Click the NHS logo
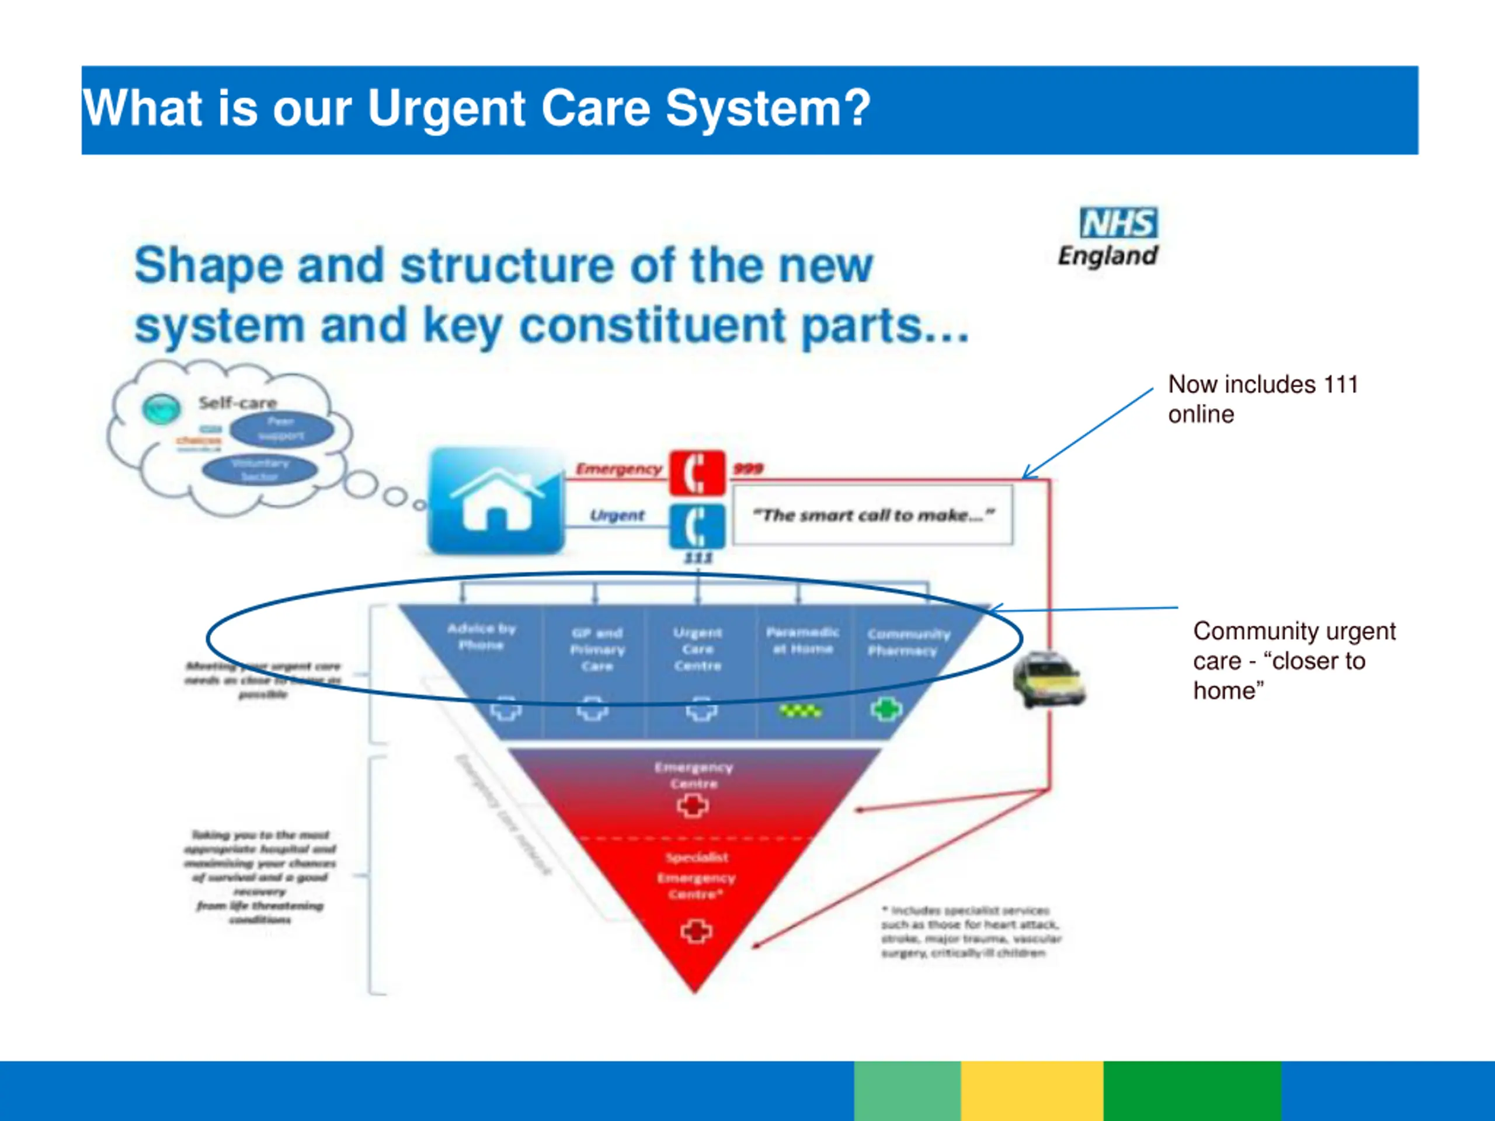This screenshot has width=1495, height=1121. (x=1118, y=223)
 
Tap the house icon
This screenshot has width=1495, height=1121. (x=497, y=502)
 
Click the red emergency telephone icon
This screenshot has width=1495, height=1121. (x=697, y=472)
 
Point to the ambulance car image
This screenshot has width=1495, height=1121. (x=1048, y=680)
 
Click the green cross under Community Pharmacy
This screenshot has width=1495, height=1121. (x=886, y=709)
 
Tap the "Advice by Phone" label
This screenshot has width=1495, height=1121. (x=481, y=636)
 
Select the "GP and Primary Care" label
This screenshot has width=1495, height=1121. (x=597, y=649)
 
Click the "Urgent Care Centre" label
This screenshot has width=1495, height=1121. (x=697, y=649)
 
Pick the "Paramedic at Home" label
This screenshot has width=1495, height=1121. (x=802, y=640)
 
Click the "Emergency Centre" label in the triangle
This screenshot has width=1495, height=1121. (x=693, y=775)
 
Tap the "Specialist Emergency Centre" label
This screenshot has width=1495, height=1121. (x=696, y=876)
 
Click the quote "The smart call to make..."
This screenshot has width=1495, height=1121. (x=872, y=516)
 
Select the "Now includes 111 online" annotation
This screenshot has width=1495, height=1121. (x=1263, y=399)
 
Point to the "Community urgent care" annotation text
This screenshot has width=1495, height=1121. (x=1294, y=660)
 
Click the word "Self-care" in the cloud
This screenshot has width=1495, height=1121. (x=237, y=403)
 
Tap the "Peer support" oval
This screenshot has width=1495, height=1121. (x=281, y=429)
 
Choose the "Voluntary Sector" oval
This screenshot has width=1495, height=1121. (x=260, y=469)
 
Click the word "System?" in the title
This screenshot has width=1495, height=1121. (x=768, y=108)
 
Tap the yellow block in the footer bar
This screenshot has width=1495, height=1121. (x=1031, y=1090)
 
